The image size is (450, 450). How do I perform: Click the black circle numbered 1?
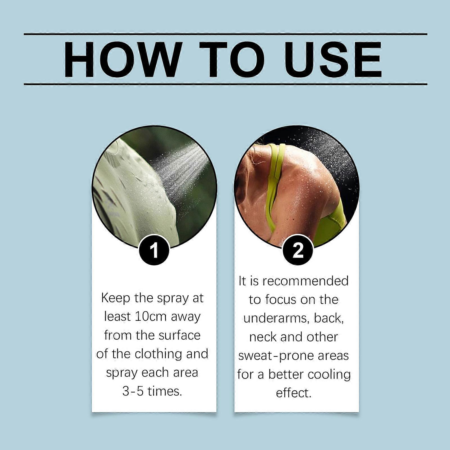[x=154, y=250]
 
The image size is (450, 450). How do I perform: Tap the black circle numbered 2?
[x=298, y=250]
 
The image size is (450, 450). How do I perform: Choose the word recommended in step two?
[x=306, y=281]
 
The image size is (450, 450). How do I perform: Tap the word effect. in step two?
[x=294, y=393]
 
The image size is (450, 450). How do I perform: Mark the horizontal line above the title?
[x=225, y=34]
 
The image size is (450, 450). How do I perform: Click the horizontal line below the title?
[x=225, y=84]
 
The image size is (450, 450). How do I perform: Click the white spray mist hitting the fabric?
[x=180, y=169]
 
